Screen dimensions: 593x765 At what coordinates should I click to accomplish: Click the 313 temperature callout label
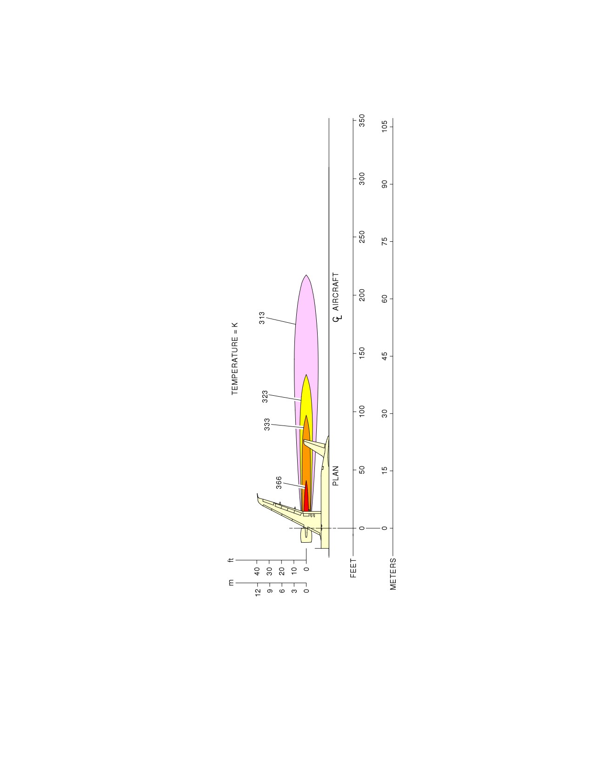262,318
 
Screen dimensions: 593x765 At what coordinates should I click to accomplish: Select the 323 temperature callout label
265,396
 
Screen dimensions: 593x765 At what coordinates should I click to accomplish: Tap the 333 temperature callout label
267,424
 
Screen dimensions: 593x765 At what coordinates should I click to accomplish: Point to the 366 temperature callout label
279,483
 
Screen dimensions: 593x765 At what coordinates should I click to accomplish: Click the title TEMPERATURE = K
235,359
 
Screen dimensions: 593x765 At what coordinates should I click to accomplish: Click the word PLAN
336,476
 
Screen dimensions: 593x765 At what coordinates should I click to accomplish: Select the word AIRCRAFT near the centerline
336,292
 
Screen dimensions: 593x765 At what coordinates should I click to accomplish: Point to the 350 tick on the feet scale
362,120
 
